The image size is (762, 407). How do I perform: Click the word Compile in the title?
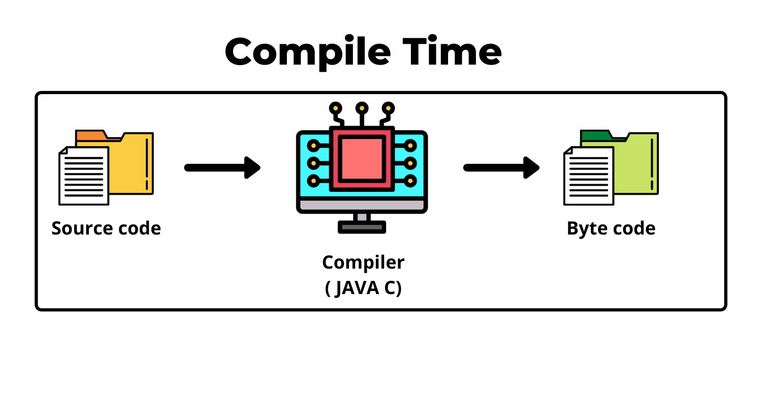pyautogui.click(x=308, y=52)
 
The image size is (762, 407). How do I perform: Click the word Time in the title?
pyautogui.click(x=452, y=52)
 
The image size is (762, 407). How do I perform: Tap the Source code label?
pyautogui.click(x=106, y=228)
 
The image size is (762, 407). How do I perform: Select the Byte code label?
pyautogui.click(x=611, y=228)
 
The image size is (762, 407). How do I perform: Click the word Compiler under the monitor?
pyautogui.click(x=363, y=262)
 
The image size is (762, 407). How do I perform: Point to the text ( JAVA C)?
pyautogui.click(x=363, y=287)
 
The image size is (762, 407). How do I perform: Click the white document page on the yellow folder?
pyautogui.click(x=84, y=176)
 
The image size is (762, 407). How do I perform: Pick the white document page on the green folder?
pyautogui.click(x=588, y=176)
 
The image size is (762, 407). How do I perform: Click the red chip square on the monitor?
pyautogui.click(x=362, y=158)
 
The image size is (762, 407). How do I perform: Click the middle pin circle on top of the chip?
pyautogui.click(x=362, y=108)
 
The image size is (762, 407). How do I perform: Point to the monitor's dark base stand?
pyautogui.click(x=362, y=227)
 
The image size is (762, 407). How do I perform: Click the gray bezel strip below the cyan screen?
pyautogui.click(x=362, y=205)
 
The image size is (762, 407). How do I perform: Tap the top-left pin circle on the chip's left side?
pyautogui.click(x=313, y=146)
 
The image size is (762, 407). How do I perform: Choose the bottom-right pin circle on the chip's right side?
pyautogui.click(x=410, y=181)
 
